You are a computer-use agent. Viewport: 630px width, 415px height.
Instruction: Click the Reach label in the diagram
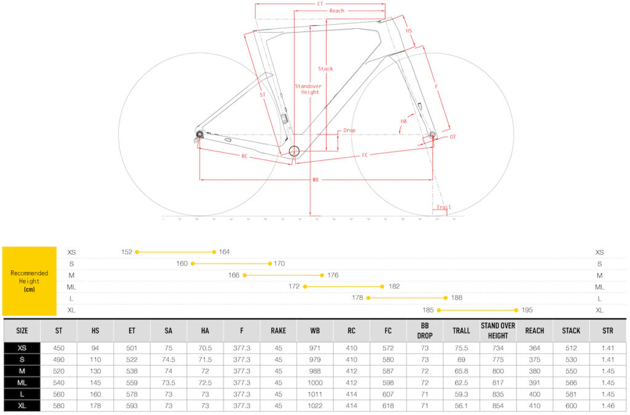click(x=337, y=11)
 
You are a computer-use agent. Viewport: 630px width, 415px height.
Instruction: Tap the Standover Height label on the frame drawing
click(x=308, y=89)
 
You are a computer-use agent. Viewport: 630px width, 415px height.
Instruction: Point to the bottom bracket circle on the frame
click(x=294, y=151)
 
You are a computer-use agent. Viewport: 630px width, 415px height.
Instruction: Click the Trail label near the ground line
click(x=444, y=207)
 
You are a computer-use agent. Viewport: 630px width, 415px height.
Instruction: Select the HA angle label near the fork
click(x=404, y=121)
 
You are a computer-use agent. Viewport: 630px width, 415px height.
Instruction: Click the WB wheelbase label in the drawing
click(x=316, y=180)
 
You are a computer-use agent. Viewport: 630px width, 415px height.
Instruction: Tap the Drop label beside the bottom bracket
click(x=349, y=131)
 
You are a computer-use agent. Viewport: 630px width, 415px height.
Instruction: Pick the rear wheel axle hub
click(x=199, y=134)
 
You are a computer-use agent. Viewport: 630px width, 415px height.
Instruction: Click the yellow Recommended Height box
click(x=30, y=281)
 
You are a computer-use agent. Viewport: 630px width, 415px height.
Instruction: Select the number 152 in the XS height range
click(x=127, y=252)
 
